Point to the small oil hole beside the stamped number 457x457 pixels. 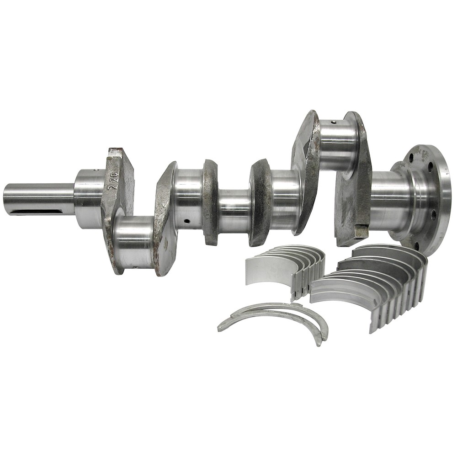point(96,170)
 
